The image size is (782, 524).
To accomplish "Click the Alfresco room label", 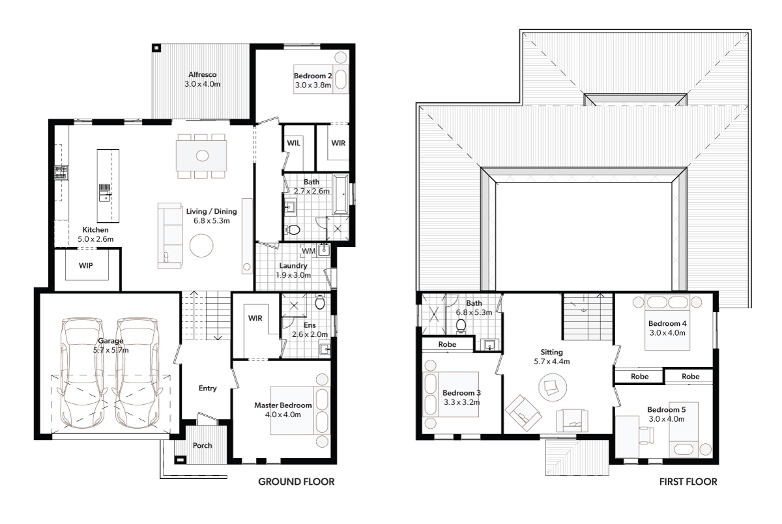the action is click(x=203, y=74).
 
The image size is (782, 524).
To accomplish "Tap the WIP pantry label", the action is click(x=86, y=266).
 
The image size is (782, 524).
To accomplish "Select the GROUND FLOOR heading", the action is click(x=297, y=482).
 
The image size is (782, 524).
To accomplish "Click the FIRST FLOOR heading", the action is click(x=688, y=482).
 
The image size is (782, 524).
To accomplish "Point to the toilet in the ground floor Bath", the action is click(x=293, y=229).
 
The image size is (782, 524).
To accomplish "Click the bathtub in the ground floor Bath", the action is click(x=340, y=194).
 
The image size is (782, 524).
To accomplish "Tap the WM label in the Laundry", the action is click(x=309, y=251).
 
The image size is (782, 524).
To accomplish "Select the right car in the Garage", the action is click(x=138, y=373).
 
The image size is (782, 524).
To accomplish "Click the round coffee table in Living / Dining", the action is click(x=201, y=246).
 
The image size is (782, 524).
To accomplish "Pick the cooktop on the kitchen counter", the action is click(x=61, y=173).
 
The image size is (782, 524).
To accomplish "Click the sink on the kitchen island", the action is click(x=105, y=193).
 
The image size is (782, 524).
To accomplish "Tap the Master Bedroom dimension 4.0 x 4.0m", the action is click(x=283, y=415).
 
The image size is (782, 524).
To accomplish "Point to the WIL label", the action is click(x=294, y=143).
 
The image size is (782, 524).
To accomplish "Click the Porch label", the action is click(x=203, y=445).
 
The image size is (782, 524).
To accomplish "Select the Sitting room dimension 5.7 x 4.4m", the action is click(x=551, y=362).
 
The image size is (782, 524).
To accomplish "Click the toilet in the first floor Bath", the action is click(x=461, y=327).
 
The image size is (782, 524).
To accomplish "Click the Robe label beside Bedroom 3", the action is click(x=447, y=344).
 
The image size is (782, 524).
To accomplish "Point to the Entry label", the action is click(x=208, y=388).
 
